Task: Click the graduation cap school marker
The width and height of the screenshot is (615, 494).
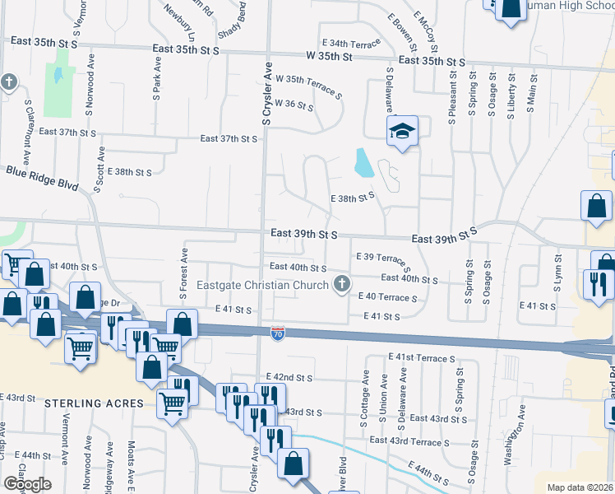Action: coord(403,131)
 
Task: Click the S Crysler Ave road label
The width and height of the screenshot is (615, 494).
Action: coord(267,95)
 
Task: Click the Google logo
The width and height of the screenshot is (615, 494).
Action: coord(26,483)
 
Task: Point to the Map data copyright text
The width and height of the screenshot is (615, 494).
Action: coord(580,487)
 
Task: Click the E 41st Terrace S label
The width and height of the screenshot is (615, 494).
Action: coord(422,359)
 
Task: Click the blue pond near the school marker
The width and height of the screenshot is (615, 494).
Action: coord(363,163)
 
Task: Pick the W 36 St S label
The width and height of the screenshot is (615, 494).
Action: coord(294,105)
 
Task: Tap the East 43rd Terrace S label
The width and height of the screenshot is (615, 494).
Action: coord(409,441)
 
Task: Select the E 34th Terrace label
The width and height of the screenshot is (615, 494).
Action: coord(351,42)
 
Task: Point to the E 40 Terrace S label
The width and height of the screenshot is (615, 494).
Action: coord(386,297)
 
